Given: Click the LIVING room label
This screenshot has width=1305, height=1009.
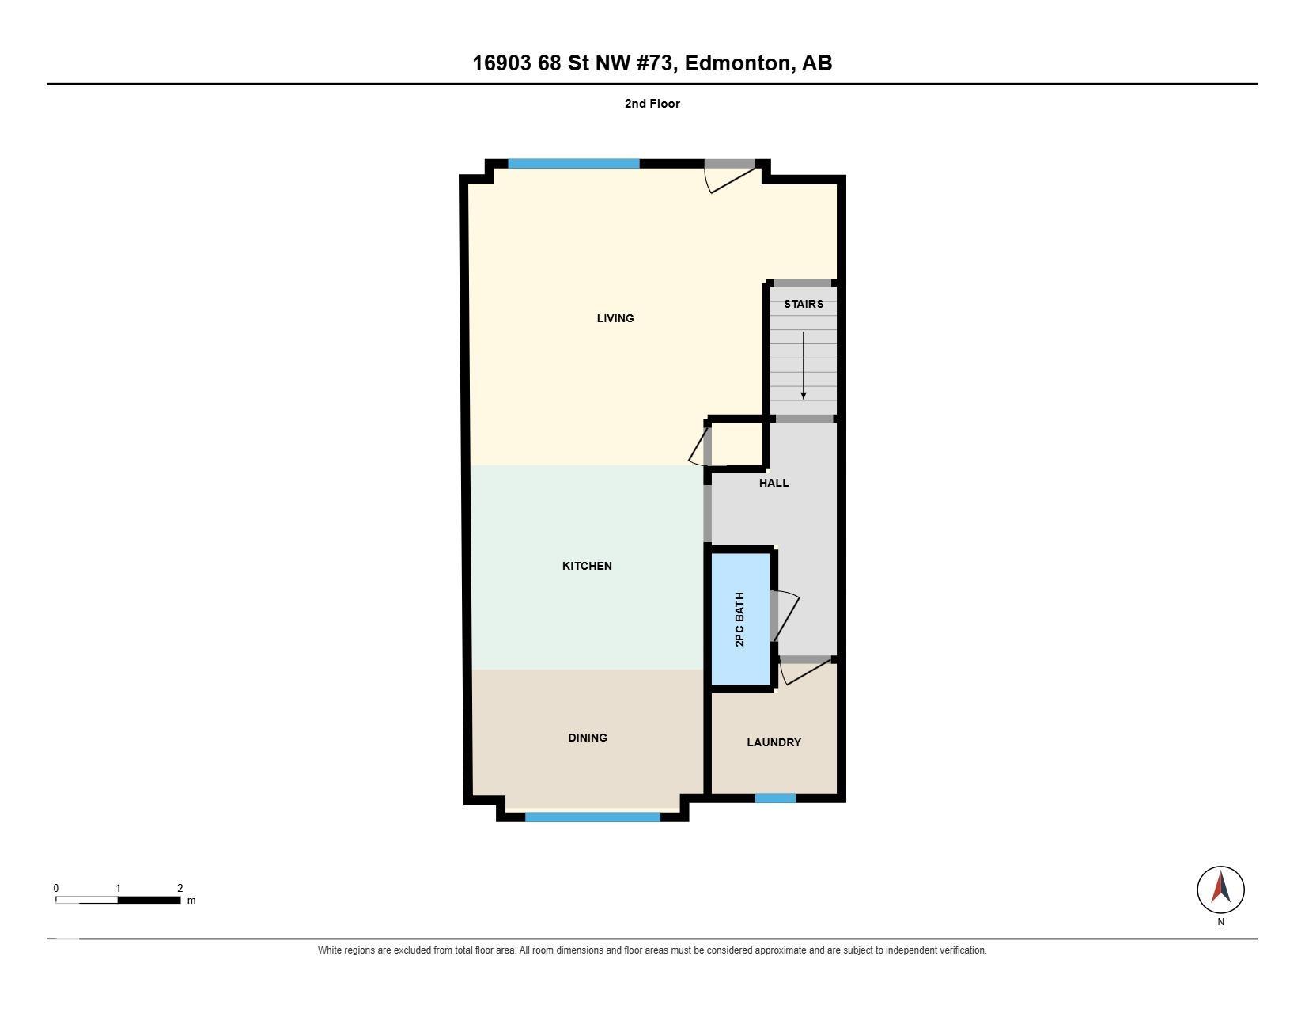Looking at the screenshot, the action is tap(615, 318).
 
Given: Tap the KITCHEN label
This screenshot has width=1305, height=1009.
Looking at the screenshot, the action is tap(587, 566).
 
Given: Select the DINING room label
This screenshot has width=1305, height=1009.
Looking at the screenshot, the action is tap(588, 738).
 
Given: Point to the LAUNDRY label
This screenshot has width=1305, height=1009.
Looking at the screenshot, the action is tap(774, 742).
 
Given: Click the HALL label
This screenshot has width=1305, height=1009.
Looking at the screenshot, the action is tap(774, 483).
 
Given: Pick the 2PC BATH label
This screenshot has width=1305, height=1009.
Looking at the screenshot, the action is tap(739, 619).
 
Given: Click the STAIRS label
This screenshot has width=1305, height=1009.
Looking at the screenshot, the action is tap(804, 304).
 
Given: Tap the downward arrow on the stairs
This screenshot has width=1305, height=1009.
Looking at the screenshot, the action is tap(803, 366).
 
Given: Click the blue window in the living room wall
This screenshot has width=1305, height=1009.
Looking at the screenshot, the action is tap(573, 164).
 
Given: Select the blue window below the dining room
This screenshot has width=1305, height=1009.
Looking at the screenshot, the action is tap(592, 817).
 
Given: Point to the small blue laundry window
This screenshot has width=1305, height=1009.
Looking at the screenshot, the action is tap(775, 798).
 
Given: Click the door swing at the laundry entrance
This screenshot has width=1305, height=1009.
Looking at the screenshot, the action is tap(804, 671).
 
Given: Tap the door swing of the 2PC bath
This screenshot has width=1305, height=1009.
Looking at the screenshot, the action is tap(785, 616).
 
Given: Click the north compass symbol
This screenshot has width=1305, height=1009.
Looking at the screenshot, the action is tap(1220, 890).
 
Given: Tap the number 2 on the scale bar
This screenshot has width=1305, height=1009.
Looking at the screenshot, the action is tap(180, 888).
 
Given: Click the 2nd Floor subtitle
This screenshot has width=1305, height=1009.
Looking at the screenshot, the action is tap(652, 104).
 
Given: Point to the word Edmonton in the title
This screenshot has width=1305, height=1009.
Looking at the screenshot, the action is tap(737, 63).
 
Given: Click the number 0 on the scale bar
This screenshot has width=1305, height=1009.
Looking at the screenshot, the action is tap(56, 888).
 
